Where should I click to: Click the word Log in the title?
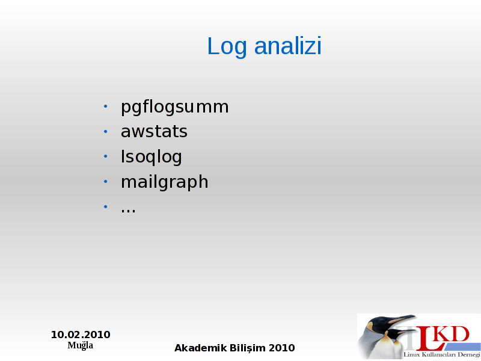(227, 47)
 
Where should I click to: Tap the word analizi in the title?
(288, 46)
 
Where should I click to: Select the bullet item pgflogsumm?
(174, 108)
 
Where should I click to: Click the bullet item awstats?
(154, 132)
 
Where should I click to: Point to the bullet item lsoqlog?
(152, 157)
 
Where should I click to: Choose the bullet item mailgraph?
(164, 182)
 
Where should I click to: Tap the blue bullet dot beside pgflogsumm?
(106, 106)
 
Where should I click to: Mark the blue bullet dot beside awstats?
(106, 132)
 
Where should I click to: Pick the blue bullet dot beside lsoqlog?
(106, 156)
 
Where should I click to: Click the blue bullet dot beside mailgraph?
(106, 182)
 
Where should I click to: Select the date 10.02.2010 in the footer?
(81, 335)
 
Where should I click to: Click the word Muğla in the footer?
(81, 345)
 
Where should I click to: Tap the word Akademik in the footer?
(200, 348)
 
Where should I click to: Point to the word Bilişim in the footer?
(248, 348)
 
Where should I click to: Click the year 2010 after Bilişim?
(281, 348)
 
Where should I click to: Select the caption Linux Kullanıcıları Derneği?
(442, 354)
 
